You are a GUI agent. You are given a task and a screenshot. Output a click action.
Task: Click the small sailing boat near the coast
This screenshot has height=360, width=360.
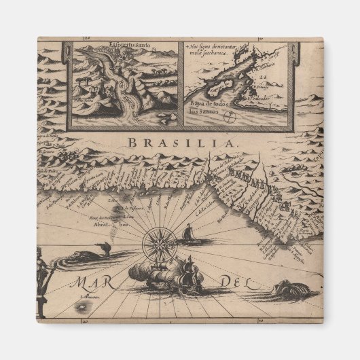point(189,235)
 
